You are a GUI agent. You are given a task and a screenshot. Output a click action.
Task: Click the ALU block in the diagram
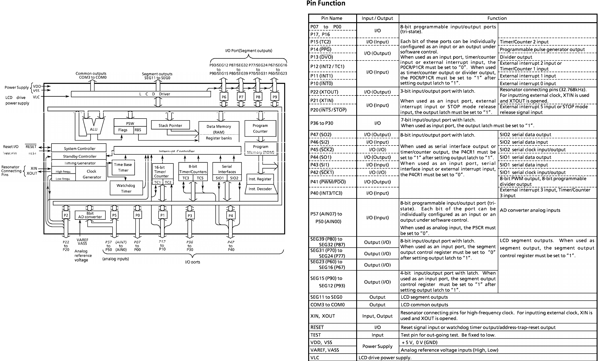(x=94, y=129)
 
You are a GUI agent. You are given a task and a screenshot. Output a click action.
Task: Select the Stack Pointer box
(x=170, y=125)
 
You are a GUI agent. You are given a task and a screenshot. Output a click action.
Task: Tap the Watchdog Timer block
(x=126, y=188)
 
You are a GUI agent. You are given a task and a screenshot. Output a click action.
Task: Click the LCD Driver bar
(x=141, y=94)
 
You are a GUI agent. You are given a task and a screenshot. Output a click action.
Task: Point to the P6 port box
(x=224, y=97)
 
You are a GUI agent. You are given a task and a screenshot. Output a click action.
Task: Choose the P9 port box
(x=275, y=97)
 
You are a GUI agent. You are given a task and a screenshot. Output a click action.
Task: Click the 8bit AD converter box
(x=90, y=215)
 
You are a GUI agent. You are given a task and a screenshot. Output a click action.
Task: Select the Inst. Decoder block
(x=260, y=189)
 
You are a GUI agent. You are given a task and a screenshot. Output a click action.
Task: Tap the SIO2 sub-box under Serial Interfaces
(x=234, y=178)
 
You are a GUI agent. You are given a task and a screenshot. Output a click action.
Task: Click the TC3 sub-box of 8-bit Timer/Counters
(x=186, y=178)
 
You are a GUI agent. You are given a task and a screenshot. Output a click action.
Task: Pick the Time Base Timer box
(x=123, y=167)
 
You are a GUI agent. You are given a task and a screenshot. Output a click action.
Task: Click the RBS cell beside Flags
(x=138, y=130)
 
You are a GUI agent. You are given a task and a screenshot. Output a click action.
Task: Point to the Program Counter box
(x=260, y=128)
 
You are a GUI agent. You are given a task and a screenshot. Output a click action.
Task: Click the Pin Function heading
(x=326, y=3)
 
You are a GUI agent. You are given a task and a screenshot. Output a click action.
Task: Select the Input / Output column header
(x=377, y=18)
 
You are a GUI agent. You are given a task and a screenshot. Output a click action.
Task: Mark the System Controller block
(x=79, y=148)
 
